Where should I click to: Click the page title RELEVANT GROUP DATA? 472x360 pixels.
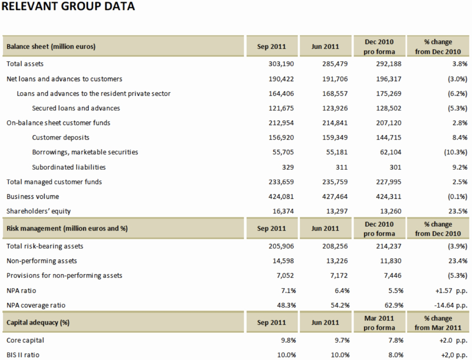68,6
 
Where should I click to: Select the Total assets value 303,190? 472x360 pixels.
281,64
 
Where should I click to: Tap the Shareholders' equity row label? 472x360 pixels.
39,211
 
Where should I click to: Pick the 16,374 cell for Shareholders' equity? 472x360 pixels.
283,211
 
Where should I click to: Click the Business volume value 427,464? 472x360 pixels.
335,196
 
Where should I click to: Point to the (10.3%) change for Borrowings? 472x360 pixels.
456,152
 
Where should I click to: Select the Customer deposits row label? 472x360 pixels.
61,138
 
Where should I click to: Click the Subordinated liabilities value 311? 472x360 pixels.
342,167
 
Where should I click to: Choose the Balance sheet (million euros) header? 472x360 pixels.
51,47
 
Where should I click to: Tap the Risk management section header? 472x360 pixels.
67,229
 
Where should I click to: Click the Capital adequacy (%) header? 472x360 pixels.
38,323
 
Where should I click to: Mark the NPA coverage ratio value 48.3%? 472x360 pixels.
286,305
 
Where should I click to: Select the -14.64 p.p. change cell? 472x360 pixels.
450,305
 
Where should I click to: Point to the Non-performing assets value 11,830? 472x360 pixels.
390,261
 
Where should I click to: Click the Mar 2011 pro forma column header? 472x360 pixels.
379,323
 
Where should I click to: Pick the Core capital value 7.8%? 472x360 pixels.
395,340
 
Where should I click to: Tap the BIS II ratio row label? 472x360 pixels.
23,355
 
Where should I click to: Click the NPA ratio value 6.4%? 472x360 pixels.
342,291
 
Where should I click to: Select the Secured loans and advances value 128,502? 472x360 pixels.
388,108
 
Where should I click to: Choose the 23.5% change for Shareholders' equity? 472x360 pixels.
458,211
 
